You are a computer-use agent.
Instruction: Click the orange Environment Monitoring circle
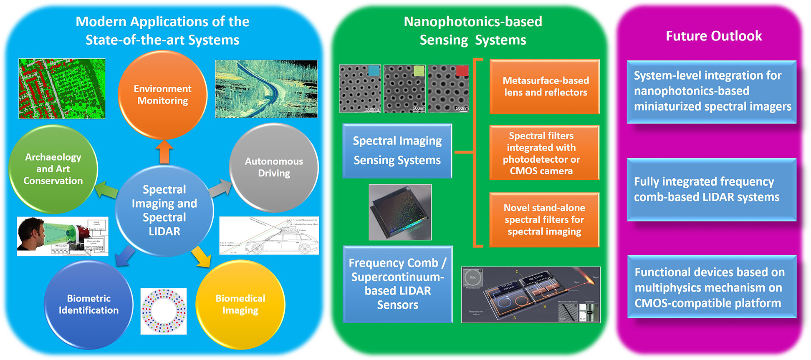click(x=162, y=95)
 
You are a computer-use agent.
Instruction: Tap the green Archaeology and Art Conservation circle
click(x=53, y=169)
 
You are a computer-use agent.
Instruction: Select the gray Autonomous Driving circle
click(x=274, y=167)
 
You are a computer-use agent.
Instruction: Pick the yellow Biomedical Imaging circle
click(x=240, y=304)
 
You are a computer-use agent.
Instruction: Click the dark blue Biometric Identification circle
click(x=88, y=304)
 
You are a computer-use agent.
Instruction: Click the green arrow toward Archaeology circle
click(x=106, y=190)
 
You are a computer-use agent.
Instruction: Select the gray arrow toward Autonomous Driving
click(x=220, y=189)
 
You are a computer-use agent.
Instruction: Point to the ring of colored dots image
click(x=164, y=311)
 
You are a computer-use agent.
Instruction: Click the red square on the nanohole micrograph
click(x=462, y=70)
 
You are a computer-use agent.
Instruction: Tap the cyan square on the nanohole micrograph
click(x=374, y=70)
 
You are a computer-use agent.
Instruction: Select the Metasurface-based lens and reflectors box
click(x=545, y=87)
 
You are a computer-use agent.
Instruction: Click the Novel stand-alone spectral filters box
click(x=544, y=219)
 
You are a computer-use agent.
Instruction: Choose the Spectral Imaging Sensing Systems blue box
click(x=397, y=151)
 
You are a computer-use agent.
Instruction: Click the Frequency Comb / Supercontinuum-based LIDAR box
click(x=397, y=284)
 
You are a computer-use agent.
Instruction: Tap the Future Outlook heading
click(x=713, y=36)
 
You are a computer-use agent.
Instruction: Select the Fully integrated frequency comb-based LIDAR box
click(x=711, y=189)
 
